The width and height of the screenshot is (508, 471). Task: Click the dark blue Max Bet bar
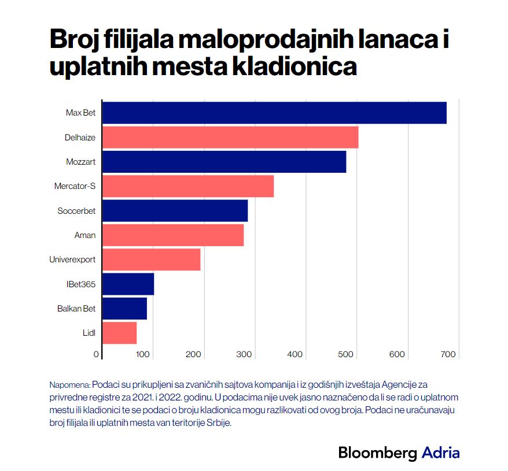point(274,113)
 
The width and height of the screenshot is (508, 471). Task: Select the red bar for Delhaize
point(230,137)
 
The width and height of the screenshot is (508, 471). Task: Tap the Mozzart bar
point(224,162)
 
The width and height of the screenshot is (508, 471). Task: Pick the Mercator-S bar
point(188,186)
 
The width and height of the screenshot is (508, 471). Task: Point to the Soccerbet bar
point(175,210)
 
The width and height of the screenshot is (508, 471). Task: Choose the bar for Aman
point(173,235)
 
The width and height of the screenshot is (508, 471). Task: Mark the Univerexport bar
point(151,259)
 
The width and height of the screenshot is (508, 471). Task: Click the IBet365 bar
point(128,284)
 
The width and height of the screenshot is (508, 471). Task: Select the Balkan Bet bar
point(124,309)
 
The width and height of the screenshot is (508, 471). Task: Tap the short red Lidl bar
point(119,333)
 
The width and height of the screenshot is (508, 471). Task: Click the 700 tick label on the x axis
point(448,354)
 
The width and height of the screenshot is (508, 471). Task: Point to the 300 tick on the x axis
point(245,354)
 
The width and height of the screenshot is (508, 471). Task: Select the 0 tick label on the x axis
point(97,354)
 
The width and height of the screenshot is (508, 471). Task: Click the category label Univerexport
point(72,259)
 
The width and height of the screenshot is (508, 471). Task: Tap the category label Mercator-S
point(75,186)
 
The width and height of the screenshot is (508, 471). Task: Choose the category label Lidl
point(89,333)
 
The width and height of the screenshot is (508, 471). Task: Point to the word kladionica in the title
point(294,66)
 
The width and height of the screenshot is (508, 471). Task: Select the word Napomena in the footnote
point(69,384)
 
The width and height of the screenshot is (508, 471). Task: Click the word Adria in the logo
point(440,453)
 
